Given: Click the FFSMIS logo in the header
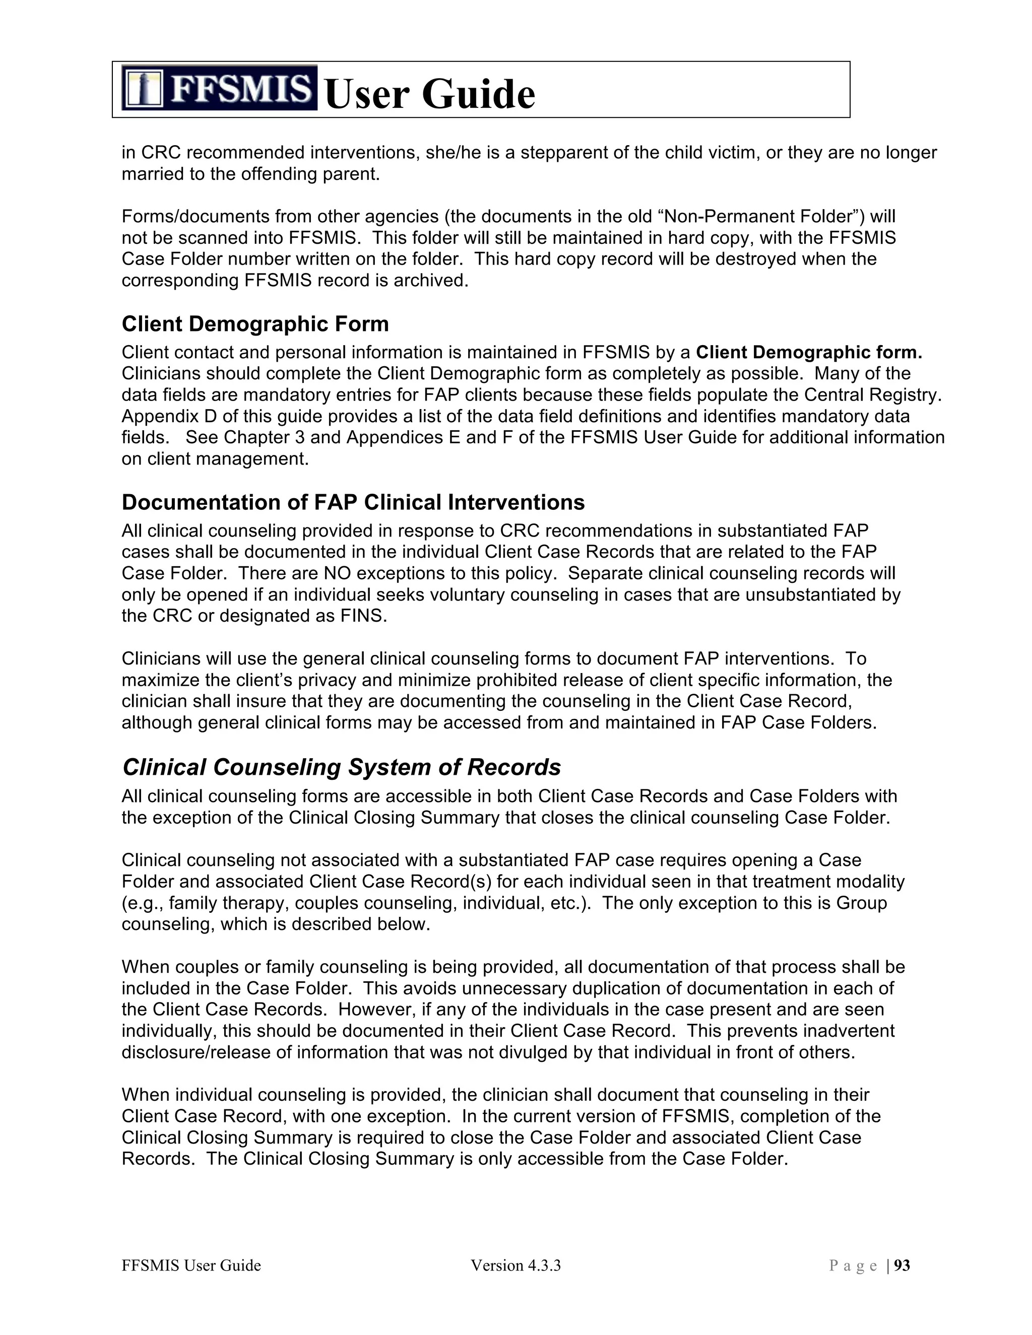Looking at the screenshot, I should pos(219,88).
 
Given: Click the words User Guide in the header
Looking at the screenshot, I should pos(430,94).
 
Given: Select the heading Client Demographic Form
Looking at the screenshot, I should pos(255,324).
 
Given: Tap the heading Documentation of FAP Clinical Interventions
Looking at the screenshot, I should pos(353,502).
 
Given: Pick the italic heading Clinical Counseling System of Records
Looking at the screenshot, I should pos(341,767).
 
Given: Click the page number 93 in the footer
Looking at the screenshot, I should pos(902,1265).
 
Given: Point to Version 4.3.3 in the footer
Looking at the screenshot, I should pos(515,1265).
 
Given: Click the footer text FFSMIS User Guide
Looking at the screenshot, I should pos(191,1265).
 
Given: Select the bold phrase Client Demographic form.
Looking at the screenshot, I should pos(808,353).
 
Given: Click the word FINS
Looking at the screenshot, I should pos(363,616).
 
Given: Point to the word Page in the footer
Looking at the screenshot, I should pos(854,1265).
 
